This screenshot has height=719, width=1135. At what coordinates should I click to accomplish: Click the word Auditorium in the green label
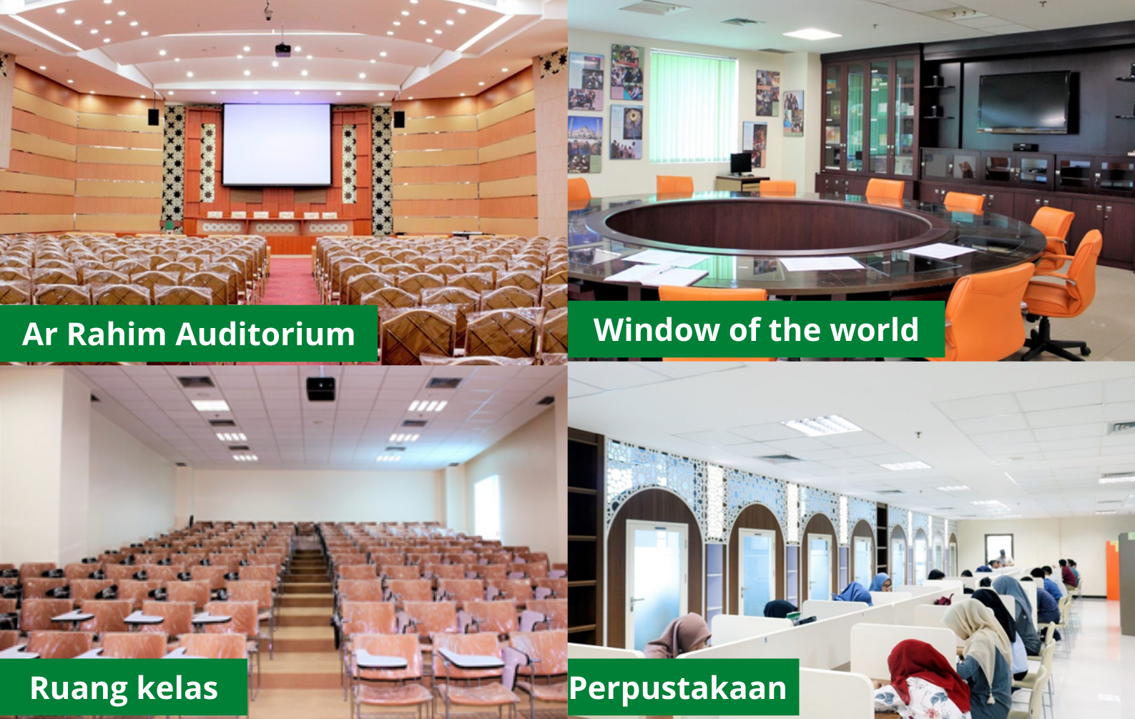point(265,334)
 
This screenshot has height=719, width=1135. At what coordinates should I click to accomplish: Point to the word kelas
point(177,688)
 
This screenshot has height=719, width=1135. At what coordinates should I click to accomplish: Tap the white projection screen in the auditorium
point(277,145)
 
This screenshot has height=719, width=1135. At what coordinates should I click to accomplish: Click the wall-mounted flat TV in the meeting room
point(1025,103)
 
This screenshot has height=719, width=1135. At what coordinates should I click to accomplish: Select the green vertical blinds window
point(693,106)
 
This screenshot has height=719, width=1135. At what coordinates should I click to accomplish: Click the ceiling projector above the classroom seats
point(320,388)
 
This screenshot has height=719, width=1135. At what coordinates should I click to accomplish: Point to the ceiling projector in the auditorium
point(282,49)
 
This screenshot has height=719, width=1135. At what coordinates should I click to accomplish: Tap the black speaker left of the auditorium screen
point(153,117)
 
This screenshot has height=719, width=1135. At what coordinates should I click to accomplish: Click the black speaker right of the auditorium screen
point(399,119)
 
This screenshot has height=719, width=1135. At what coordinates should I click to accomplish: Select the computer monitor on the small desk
point(741,164)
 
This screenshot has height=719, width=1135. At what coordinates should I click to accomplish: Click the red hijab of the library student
point(925,668)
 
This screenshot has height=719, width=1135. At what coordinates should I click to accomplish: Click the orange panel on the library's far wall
point(1112,570)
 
